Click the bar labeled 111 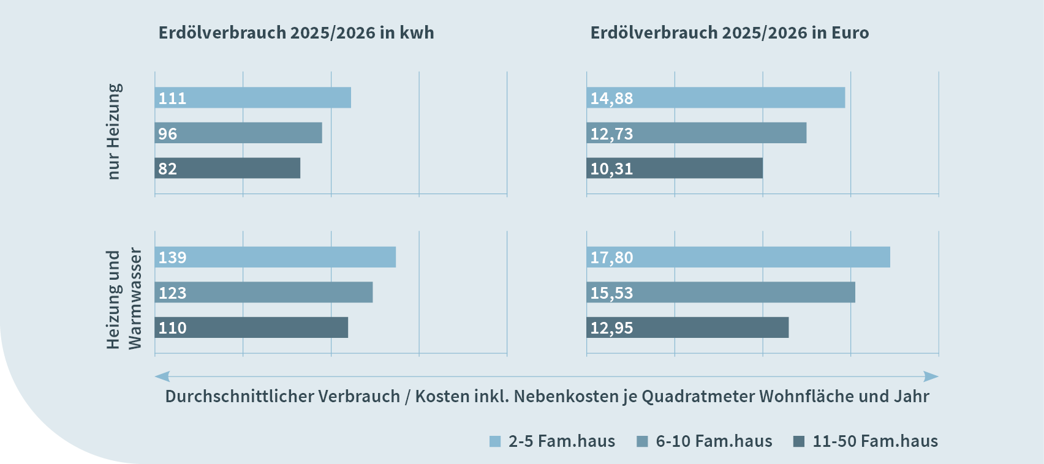252,98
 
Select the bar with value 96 238,133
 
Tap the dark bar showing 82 227,168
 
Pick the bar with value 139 275,257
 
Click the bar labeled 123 263,293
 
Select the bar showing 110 251,327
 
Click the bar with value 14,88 716,98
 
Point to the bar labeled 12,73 696,133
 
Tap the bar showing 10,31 675,168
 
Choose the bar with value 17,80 738,257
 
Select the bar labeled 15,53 721,293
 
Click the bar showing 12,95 687,327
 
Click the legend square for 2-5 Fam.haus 495,441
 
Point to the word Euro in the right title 850,32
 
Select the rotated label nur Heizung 114,132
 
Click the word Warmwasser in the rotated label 134,299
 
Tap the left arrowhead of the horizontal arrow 162,376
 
